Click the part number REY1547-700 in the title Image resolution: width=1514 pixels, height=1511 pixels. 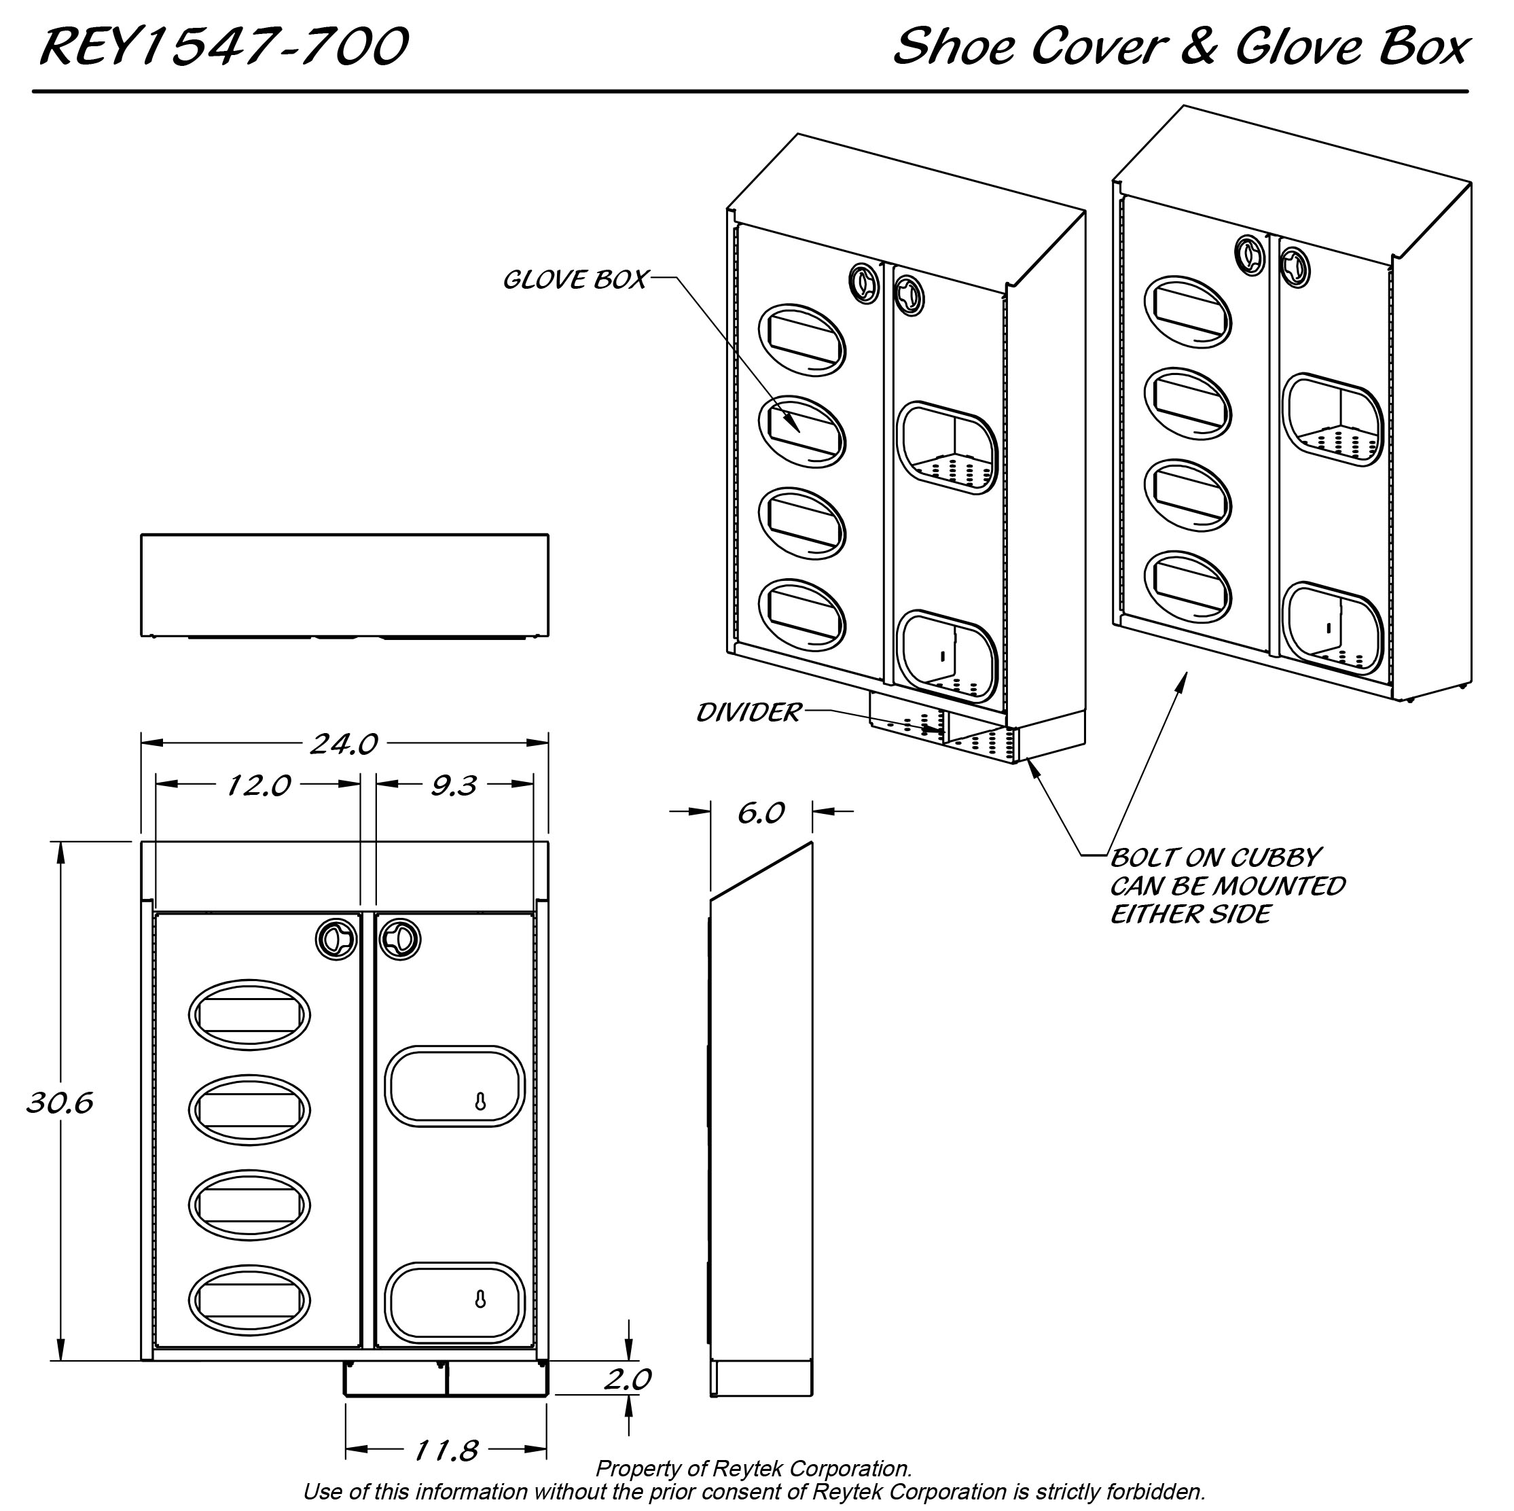tap(223, 47)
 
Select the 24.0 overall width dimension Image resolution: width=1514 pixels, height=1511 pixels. tap(343, 743)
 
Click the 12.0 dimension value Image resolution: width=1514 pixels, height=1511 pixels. tap(258, 785)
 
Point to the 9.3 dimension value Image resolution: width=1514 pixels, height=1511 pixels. tap(454, 785)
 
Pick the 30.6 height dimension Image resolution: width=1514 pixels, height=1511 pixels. tap(60, 1103)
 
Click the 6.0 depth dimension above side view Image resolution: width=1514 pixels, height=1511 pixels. tap(760, 813)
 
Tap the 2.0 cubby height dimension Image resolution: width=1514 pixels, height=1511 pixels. tap(627, 1379)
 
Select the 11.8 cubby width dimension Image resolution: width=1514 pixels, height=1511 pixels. tap(446, 1451)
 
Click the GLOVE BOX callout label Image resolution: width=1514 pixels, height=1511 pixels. tap(575, 279)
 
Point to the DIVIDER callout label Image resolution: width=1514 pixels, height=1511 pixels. tap(749, 713)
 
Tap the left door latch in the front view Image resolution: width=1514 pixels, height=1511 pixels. tap(336, 939)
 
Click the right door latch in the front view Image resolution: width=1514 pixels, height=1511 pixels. tap(399, 939)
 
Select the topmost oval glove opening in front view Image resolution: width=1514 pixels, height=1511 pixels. tap(249, 1015)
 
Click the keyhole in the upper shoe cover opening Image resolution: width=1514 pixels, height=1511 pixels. tap(480, 1102)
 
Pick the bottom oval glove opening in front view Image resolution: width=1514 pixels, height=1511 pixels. tap(249, 1300)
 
